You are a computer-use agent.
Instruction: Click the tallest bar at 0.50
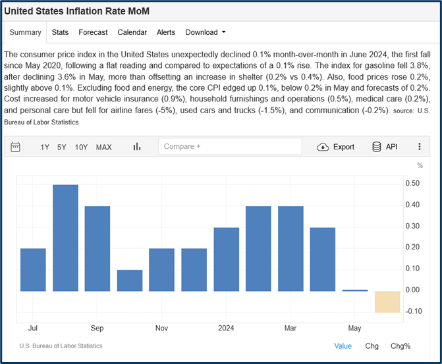65,238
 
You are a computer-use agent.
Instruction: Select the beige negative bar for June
387,301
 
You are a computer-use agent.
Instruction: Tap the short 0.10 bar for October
130,280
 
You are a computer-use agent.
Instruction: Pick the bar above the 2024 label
227,259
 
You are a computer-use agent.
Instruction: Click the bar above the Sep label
97,248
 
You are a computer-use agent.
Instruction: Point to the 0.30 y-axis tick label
412,226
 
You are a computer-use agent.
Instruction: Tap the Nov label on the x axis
162,328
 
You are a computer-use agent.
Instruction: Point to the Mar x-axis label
290,328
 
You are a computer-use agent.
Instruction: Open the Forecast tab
93,32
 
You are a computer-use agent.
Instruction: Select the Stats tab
60,32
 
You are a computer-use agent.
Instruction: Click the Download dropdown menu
205,32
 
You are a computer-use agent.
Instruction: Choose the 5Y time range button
61,147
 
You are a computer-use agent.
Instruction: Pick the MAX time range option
103,147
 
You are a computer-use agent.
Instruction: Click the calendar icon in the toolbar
16,147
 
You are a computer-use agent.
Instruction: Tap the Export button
336,147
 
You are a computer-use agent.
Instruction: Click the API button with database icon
385,147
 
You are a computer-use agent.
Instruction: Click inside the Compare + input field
230,147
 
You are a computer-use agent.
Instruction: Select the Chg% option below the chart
400,346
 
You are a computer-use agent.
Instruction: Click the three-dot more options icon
420,147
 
